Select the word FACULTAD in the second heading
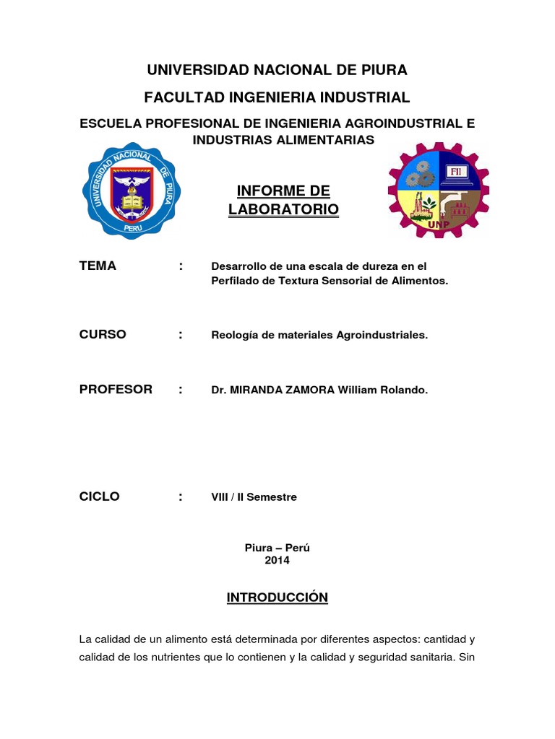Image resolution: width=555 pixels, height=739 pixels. click(x=178, y=97)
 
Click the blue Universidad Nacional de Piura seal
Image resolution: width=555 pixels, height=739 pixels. click(x=131, y=191)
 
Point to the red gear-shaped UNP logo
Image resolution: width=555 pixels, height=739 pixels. click(x=439, y=191)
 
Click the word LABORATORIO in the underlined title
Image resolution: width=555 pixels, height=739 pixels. click(x=283, y=209)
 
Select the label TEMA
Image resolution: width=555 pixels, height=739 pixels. click(x=98, y=266)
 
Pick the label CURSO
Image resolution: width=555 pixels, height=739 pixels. click(x=103, y=335)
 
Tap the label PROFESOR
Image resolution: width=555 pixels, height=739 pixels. click(x=116, y=390)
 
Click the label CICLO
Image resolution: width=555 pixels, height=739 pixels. click(x=100, y=497)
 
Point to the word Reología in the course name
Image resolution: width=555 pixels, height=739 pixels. click(x=234, y=336)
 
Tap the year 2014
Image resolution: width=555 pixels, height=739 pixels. click(x=277, y=560)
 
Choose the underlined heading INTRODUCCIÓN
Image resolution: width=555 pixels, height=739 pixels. click(x=277, y=598)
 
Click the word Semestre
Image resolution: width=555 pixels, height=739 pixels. click(x=272, y=497)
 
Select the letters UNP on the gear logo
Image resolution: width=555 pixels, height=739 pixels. click(x=438, y=223)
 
